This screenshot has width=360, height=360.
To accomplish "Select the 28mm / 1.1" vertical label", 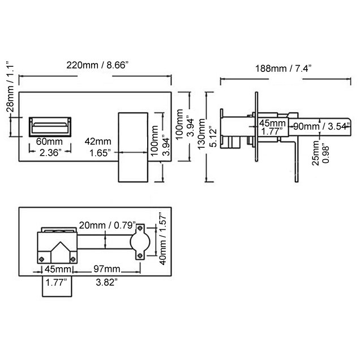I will [9, 89].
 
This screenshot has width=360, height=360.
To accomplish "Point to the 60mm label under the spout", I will [49, 141].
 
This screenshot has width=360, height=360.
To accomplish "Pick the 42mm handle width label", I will [98, 141].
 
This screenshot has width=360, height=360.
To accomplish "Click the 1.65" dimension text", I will [99, 152].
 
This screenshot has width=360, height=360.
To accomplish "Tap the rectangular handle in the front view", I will [133, 147].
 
